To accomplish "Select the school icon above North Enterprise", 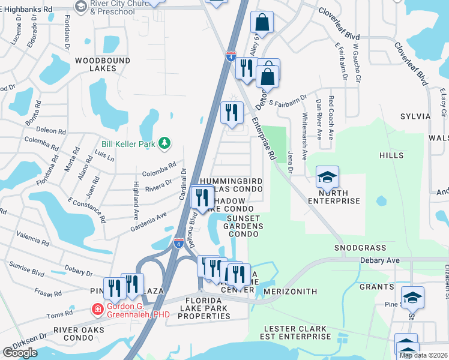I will pyautogui.click(x=327, y=177).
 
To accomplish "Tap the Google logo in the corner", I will pyautogui.click(x=20, y=353).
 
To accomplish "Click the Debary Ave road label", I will pyautogui.click(x=379, y=261).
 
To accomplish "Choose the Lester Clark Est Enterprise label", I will pyautogui.click(x=297, y=333).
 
